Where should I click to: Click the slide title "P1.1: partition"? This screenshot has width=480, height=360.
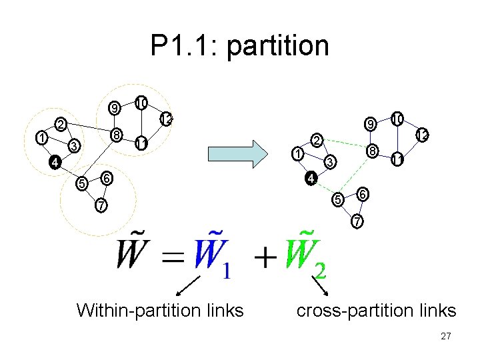point(239,46)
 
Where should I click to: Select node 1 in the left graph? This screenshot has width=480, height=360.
point(42,138)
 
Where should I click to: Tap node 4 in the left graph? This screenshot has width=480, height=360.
point(56,161)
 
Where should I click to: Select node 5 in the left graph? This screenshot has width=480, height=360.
point(81,183)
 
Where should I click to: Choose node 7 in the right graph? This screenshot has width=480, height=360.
point(358,220)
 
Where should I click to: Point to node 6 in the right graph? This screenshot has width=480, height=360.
point(362,193)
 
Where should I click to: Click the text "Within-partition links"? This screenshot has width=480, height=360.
point(160,310)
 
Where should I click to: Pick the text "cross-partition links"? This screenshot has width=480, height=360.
point(376,310)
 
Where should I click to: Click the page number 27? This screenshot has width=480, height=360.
point(446,337)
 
